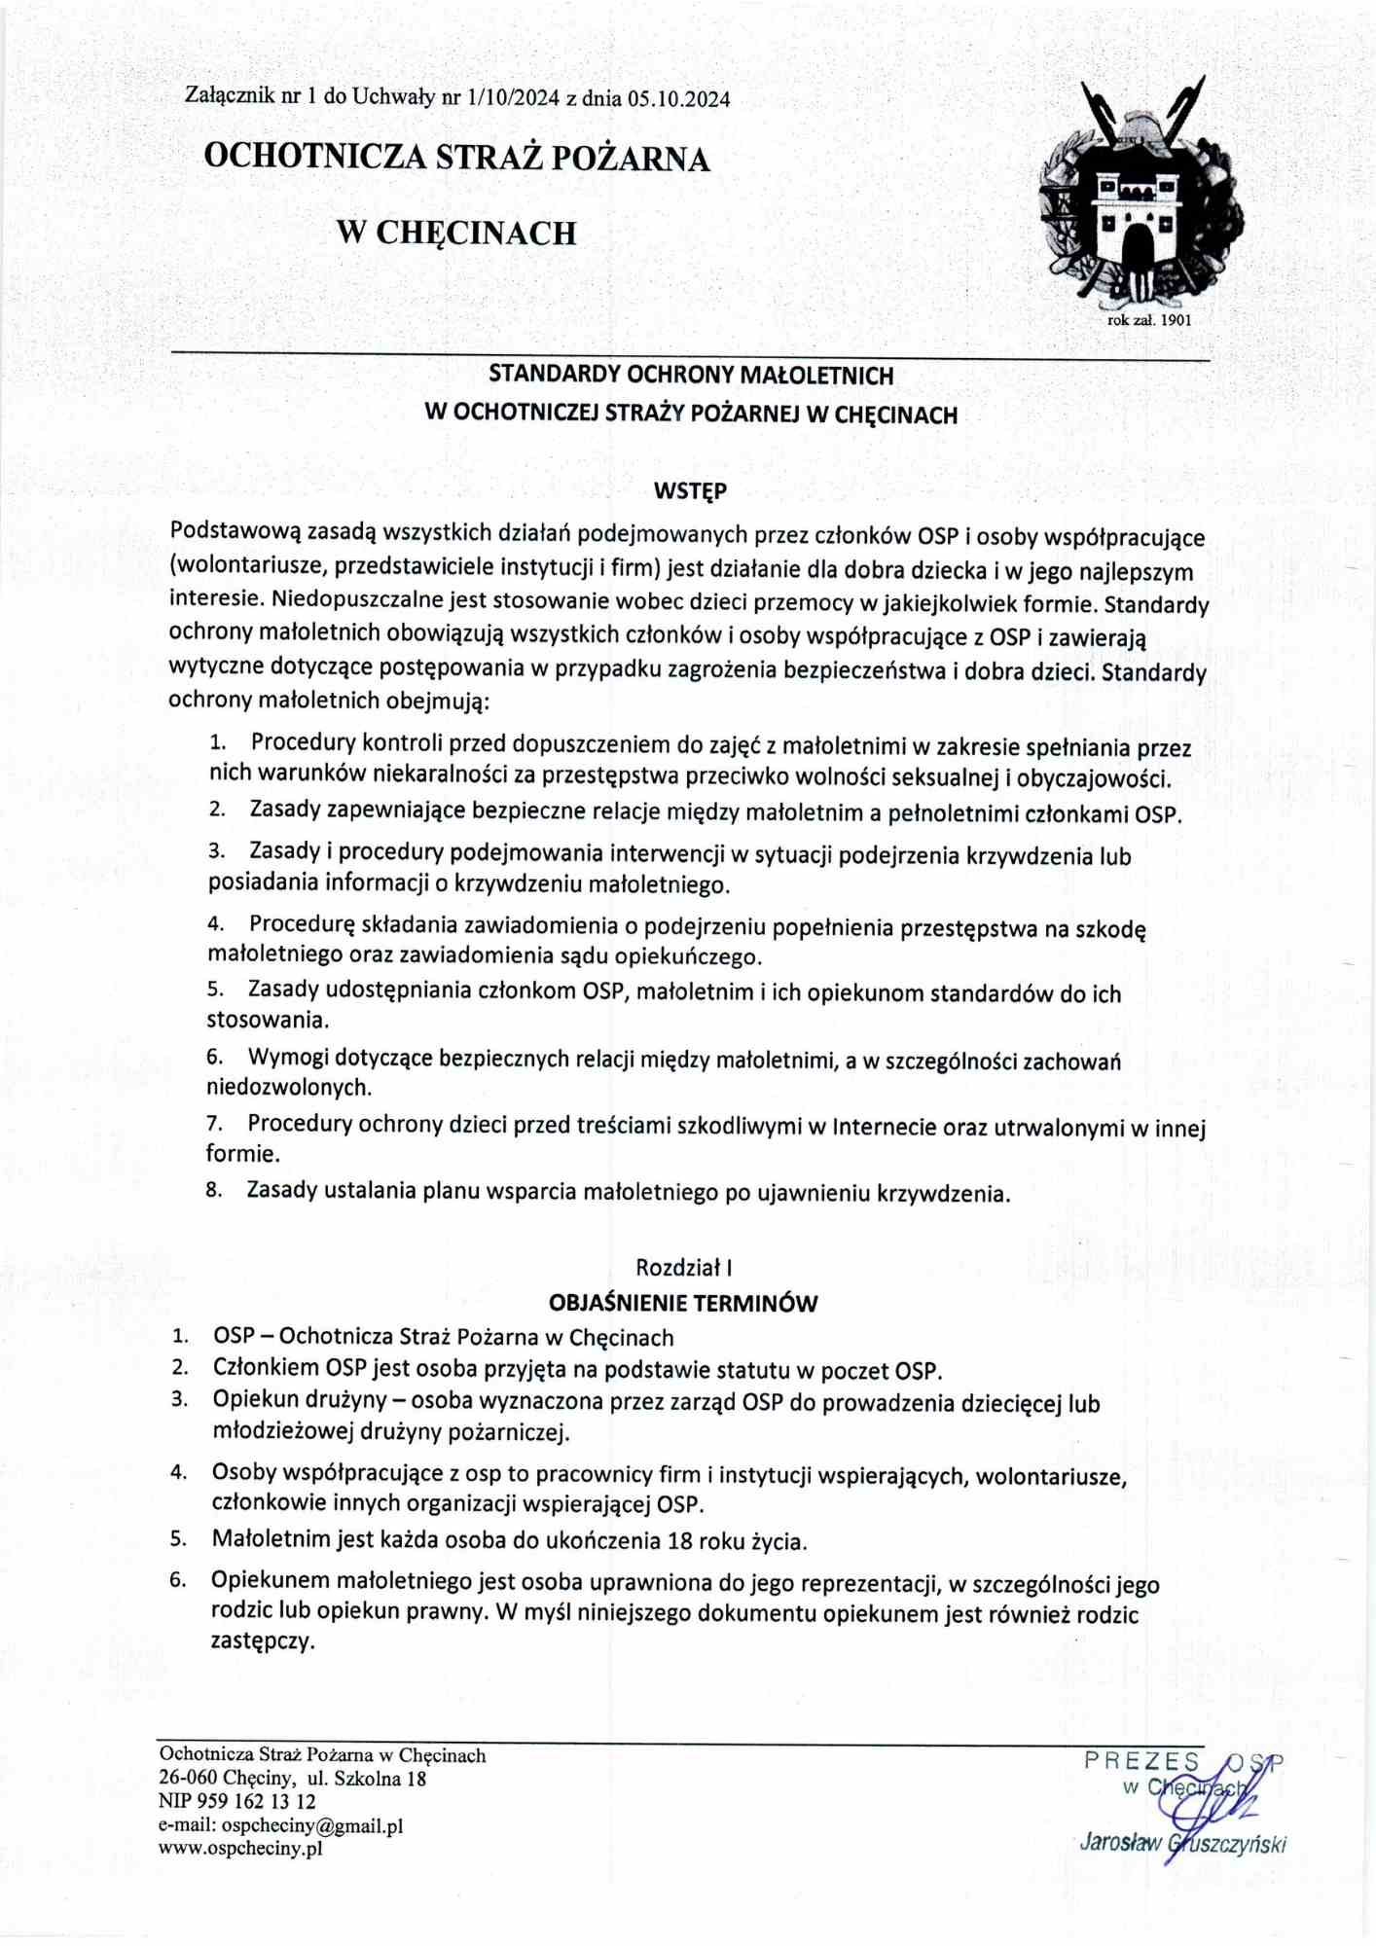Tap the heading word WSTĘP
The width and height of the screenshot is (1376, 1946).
(x=689, y=492)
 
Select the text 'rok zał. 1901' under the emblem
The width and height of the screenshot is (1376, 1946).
(x=1149, y=319)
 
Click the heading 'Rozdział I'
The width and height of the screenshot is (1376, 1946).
(x=683, y=1267)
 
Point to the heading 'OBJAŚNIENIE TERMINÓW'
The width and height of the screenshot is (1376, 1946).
(x=683, y=1303)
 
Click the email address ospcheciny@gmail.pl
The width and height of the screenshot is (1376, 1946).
(x=311, y=1826)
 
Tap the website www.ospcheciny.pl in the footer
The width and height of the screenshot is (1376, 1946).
(x=240, y=1849)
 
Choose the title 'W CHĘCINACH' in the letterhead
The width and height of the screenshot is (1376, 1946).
(x=455, y=233)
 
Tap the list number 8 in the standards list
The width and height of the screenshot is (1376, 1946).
(x=214, y=1190)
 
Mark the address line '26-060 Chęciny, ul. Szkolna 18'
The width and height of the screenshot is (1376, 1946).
(x=292, y=1779)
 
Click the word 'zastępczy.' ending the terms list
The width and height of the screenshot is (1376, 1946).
(x=263, y=1641)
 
